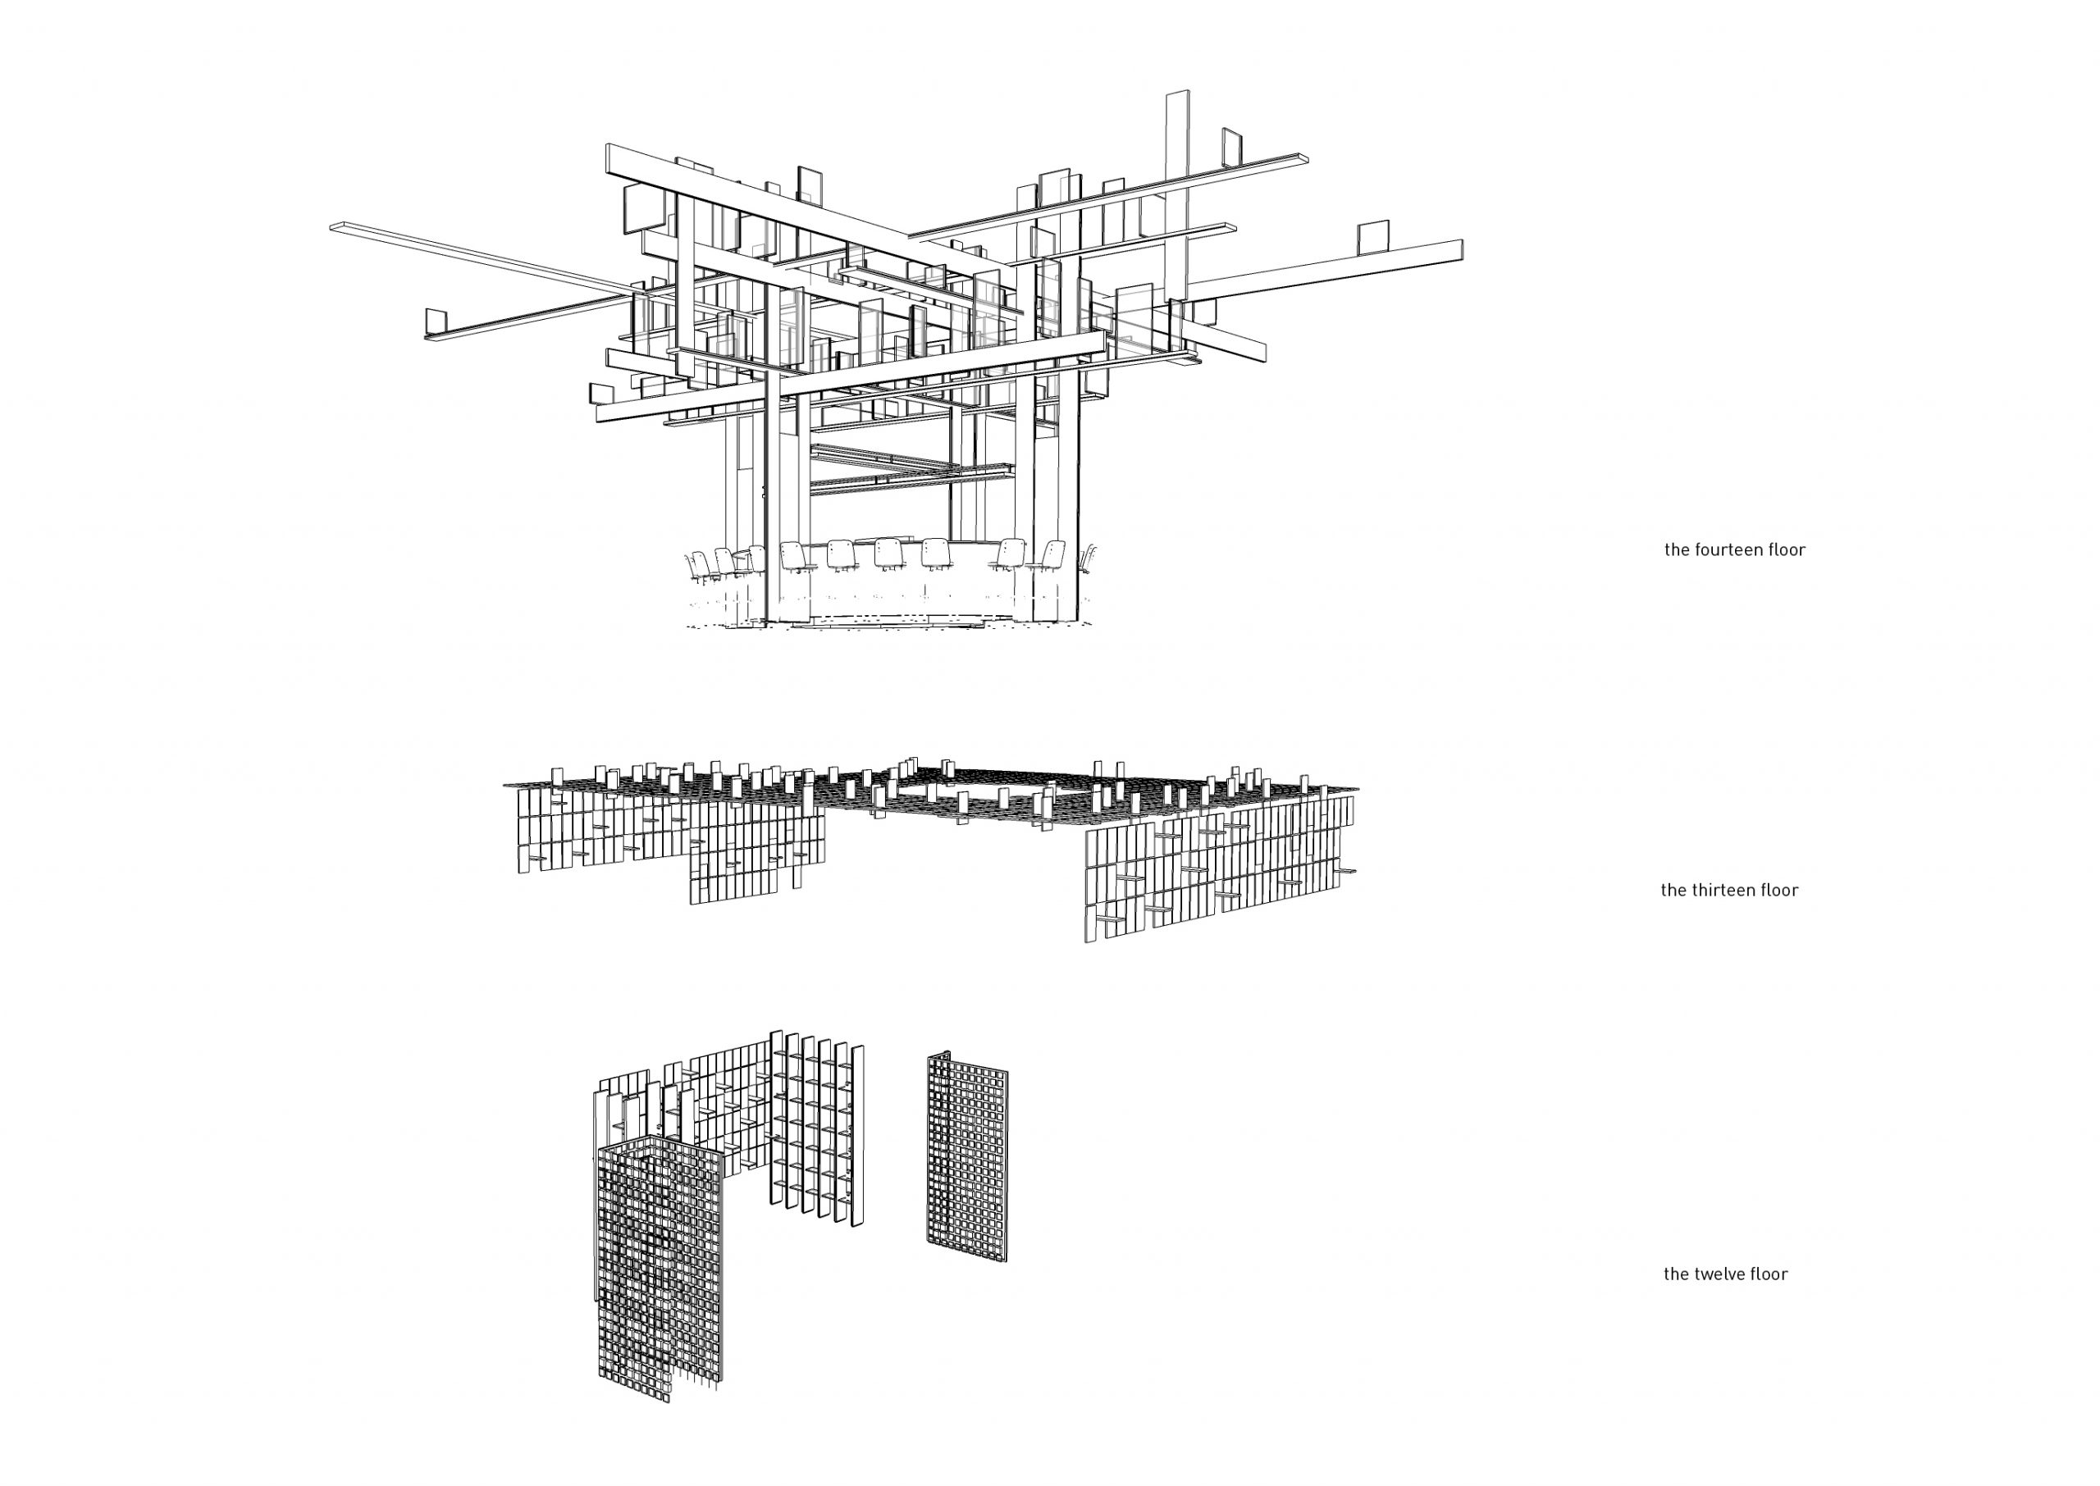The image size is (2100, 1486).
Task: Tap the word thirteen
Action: pyautogui.click(x=1719, y=891)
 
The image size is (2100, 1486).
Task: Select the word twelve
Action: pyautogui.click(x=1718, y=1274)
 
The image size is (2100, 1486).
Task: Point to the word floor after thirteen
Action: pyautogui.click(x=1777, y=891)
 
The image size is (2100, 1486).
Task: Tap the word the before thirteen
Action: pyautogui.click(x=1672, y=891)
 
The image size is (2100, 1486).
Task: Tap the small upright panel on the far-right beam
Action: pyautogui.click(x=1372, y=237)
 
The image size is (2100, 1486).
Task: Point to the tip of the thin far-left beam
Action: pyautogui.click(x=331, y=224)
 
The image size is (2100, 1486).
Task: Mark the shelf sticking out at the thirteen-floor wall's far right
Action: pyautogui.click(x=1347, y=871)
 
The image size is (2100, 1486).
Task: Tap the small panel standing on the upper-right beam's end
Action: pyautogui.click(x=1233, y=148)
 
